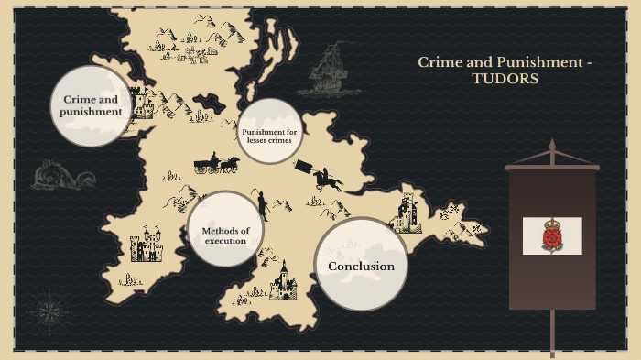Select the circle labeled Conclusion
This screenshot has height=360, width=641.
361,266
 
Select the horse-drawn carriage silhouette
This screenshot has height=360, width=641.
216,165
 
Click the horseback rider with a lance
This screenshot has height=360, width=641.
320,176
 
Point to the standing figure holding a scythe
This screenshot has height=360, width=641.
263,205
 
